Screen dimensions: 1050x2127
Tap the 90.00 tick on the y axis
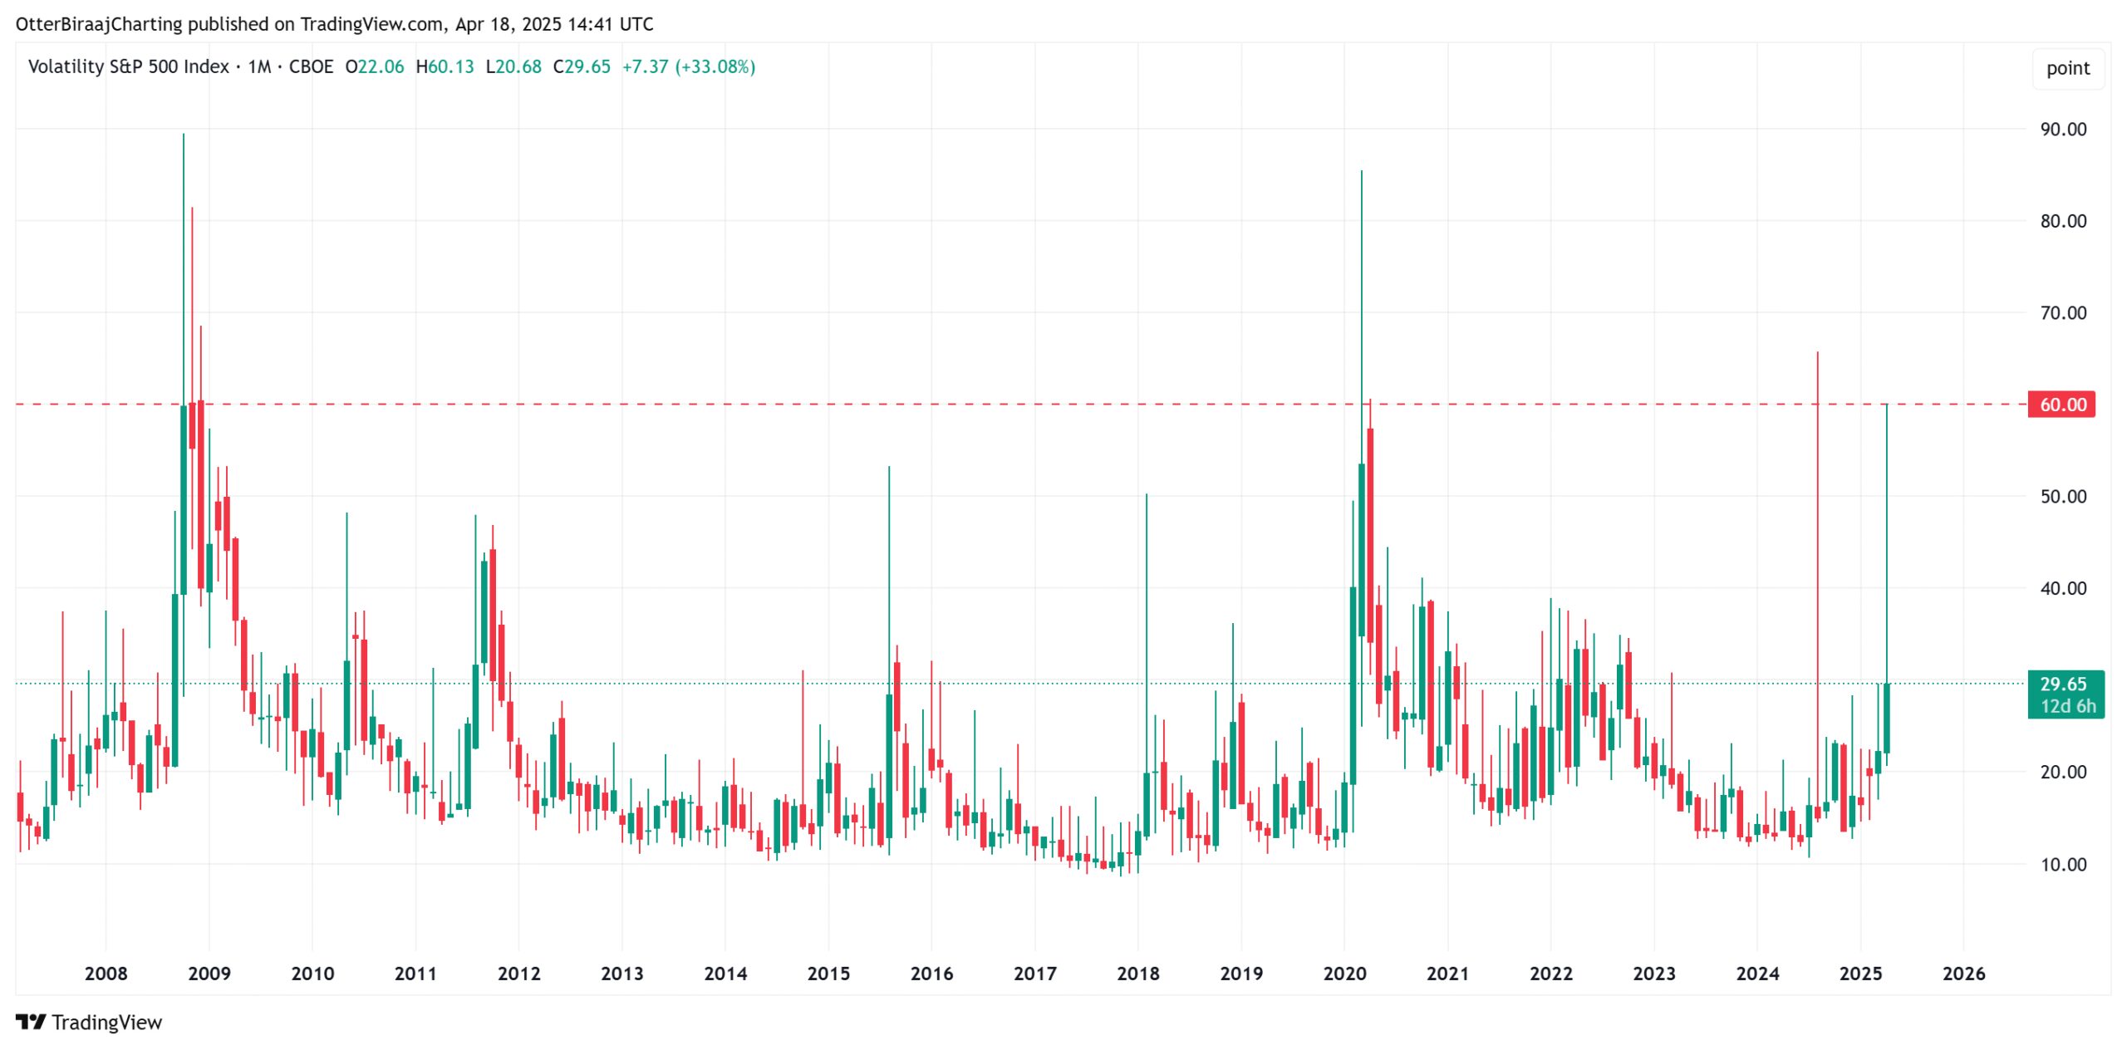[x=2063, y=130]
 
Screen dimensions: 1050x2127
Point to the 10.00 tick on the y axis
[x=2063, y=865]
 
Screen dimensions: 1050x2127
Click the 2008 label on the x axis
[x=106, y=974]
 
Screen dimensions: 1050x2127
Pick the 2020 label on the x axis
[x=1344, y=974]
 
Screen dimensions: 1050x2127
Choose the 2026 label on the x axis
[x=1963, y=974]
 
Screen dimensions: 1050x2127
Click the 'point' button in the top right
[x=2067, y=68]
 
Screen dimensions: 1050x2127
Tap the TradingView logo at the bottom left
[x=89, y=1023]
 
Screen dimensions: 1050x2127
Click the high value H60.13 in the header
[x=445, y=67]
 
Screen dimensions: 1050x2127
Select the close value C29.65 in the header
[x=582, y=67]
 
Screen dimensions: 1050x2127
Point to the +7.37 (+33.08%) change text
[x=689, y=67]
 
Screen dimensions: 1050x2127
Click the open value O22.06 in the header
[x=375, y=67]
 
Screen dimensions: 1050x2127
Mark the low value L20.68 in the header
[x=513, y=67]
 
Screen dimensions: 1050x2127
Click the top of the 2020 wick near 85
[x=1361, y=172]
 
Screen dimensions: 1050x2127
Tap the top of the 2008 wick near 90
[x=184, y=135]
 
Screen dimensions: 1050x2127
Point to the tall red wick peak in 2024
[x=1817, y=354]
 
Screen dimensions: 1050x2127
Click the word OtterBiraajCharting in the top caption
[x=99, y=24]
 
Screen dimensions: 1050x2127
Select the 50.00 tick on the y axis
[x=2063, y=497]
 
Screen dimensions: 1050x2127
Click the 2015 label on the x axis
[x=828, y=974]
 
